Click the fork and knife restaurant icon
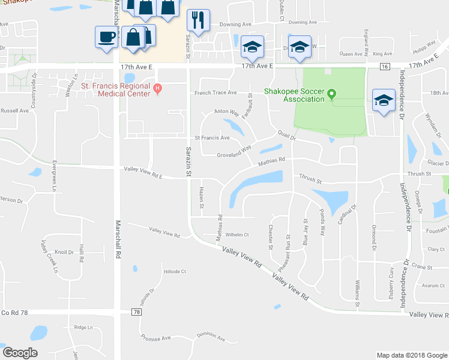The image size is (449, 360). pyautogui.click(x=198, y=20)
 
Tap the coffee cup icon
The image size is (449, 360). pyautogui.click(x=106, y=37)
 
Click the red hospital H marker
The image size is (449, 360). pyautogui.click(x=158, y=89)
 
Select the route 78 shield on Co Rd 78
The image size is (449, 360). pyautogui.click(x=137, y=313)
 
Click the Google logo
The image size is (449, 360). pyautogui.click(x=20, y=353)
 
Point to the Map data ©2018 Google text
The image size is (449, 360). pyautogui.click(x=411, y=355)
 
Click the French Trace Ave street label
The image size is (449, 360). pyautogui.click(x=220, y=93)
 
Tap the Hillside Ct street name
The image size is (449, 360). pyautogui.click(x=175, y=271)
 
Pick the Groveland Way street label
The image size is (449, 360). pyautogui.click(x=234, y=151)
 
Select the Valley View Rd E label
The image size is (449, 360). pyautogui.click(x=143, y=173)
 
